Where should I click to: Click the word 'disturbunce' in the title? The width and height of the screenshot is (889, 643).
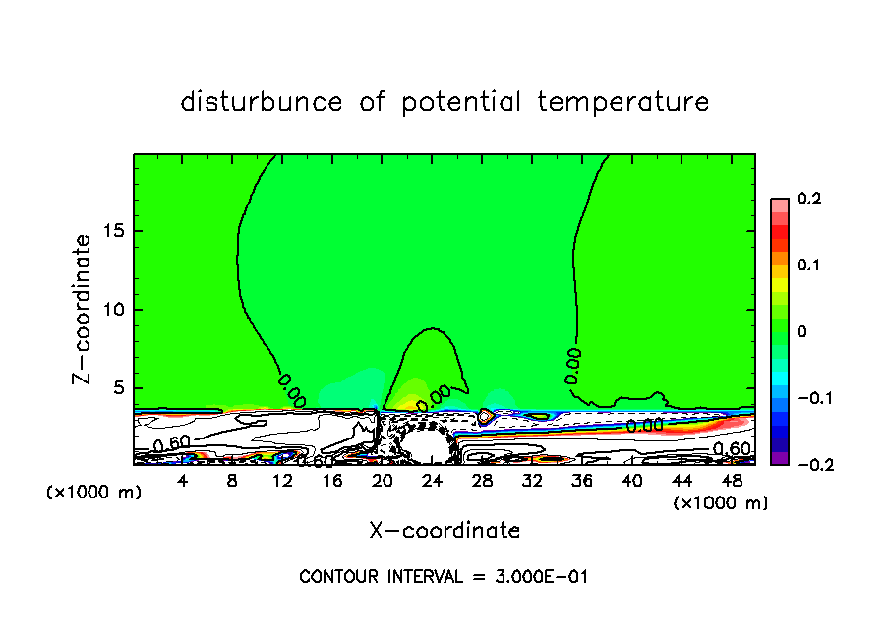click(262, 102)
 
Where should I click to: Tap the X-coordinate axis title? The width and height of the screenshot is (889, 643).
click(444, 531)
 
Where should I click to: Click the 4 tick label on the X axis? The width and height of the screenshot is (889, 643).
click(182, 481)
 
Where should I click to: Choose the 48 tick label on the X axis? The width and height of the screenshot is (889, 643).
click(733, 481)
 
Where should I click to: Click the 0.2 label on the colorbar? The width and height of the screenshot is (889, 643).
click(808, 199)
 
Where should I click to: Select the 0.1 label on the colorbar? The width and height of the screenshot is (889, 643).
click(808, 264)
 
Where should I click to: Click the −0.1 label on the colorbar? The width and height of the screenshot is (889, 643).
click(814, 398)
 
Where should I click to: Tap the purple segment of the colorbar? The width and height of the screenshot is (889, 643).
click(780, 457)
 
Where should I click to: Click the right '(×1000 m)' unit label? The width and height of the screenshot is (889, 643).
click(721, 503)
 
